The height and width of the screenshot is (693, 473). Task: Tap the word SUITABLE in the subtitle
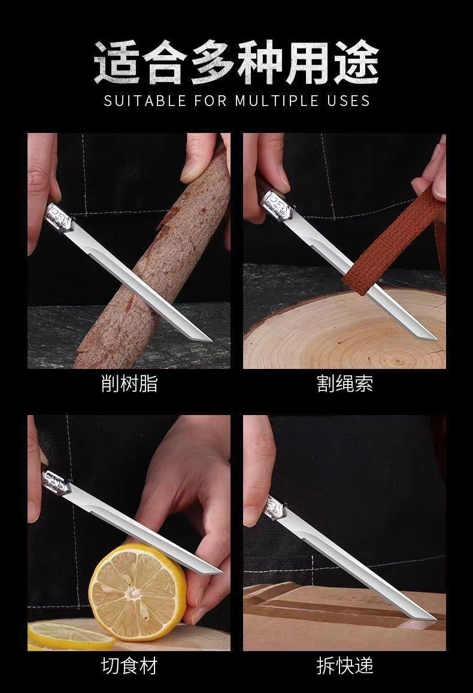click(x=145, y=101)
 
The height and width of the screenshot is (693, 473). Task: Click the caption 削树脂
click(x=129, y=383)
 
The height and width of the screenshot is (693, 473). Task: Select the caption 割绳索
click(x=344, y=383)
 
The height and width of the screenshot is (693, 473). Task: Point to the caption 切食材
click(x=129, y=665)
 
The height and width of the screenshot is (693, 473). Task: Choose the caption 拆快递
click(x=344, y=665)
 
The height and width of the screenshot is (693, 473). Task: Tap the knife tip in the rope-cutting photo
click(x=437, y=340)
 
